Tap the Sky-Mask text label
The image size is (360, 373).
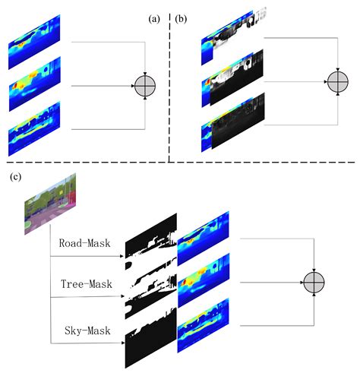coord(85,332)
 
